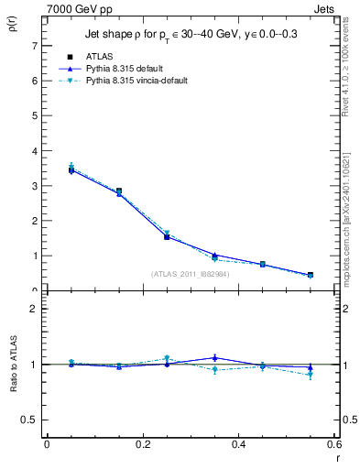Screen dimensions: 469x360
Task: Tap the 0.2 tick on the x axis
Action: pyautogui.click(x=143, y=444)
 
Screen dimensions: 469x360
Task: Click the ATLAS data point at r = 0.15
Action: pyautogui.click(x=119, y=191)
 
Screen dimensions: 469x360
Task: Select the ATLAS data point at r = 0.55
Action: pyautogui.click(x=311, y=275)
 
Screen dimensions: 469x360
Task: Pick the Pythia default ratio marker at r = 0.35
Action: pyautogui.click(x=214, y=357)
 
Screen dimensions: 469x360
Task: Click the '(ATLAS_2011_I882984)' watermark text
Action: pyautogui.click(x=191, y=274)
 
